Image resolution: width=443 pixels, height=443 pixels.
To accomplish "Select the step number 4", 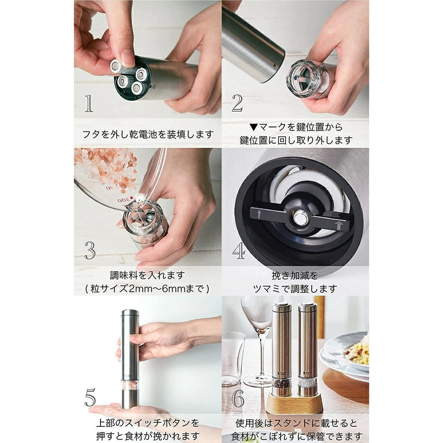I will [x=238, y=251].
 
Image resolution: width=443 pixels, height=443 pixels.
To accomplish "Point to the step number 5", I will [x=90, y=397].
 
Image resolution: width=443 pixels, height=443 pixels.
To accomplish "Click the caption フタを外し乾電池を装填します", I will [x=148, y=134].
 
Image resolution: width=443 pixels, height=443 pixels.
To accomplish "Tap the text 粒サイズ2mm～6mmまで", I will [x=147, y=288].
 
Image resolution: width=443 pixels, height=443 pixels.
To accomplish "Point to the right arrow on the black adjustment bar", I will [x=339, y=225].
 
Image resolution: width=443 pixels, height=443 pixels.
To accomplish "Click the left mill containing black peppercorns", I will [x=282, y=349].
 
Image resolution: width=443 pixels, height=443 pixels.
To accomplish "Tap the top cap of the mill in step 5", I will [x=130, y=314].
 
